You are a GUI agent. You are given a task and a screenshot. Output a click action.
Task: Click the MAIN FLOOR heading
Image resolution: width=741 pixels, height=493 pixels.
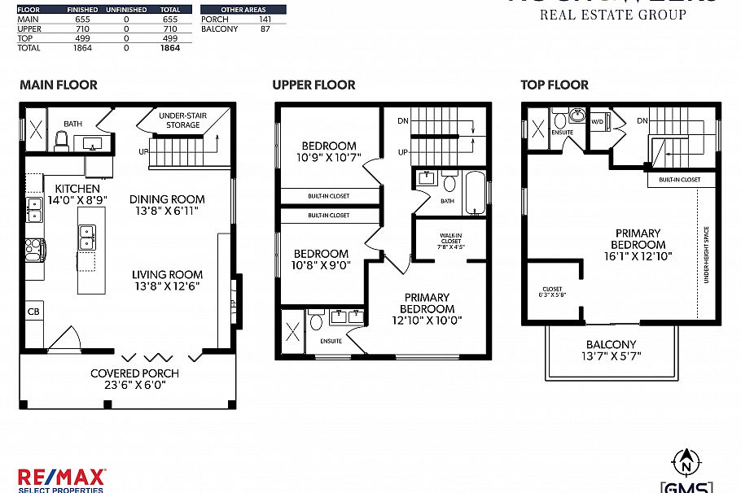58,85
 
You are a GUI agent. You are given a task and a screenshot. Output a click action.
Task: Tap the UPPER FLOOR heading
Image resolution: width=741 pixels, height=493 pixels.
313,85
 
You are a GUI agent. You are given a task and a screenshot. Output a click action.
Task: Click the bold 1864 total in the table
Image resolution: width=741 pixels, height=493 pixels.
169,48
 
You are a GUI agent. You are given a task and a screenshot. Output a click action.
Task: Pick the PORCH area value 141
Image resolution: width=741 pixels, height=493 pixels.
265,20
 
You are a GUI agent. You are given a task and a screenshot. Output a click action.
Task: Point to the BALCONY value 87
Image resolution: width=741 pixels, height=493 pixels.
265,29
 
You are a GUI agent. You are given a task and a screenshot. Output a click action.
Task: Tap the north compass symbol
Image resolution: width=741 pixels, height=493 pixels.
686,464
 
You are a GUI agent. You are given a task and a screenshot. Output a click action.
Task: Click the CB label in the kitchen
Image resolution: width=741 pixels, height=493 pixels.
34,312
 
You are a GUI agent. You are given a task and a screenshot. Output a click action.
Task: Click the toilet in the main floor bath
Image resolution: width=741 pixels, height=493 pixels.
60,142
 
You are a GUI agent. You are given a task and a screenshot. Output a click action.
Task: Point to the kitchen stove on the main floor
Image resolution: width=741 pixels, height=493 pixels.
34,248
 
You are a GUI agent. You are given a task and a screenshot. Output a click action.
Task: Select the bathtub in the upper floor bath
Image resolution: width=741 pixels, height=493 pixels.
476,191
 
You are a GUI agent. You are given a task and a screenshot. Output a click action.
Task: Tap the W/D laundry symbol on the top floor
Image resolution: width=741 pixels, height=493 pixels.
597,123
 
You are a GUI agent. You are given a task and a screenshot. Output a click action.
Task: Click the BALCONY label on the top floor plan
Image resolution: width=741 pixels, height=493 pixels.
611,345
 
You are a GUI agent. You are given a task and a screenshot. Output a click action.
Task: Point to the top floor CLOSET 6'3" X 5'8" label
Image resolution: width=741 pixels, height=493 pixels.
552,293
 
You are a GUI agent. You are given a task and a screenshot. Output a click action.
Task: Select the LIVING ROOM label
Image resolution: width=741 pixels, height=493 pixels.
168,274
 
